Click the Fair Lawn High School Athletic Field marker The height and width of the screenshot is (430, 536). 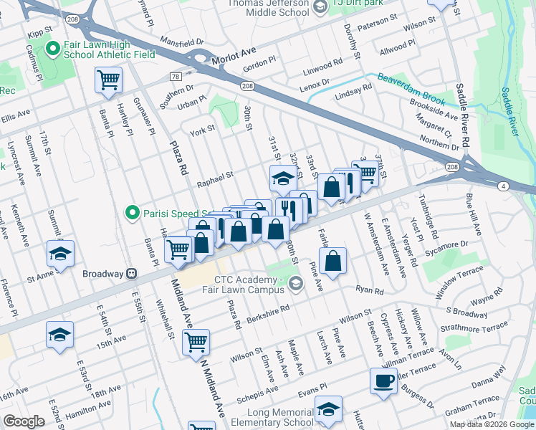pos(52,49)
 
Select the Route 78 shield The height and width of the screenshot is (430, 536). pos(175,76)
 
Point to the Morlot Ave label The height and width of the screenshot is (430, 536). pos(234,62)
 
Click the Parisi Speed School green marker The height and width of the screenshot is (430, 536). pos(132,212)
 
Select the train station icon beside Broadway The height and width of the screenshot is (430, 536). pos(131,274)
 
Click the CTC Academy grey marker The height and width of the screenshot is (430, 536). pos(295,285)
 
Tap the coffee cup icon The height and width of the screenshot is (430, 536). pos(383,381)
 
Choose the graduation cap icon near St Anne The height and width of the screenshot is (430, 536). pos(61,254)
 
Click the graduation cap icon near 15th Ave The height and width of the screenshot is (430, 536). pos(59,334)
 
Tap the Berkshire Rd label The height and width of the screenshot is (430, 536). pos(269,313)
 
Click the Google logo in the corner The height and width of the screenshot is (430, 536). pos(24,422)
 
